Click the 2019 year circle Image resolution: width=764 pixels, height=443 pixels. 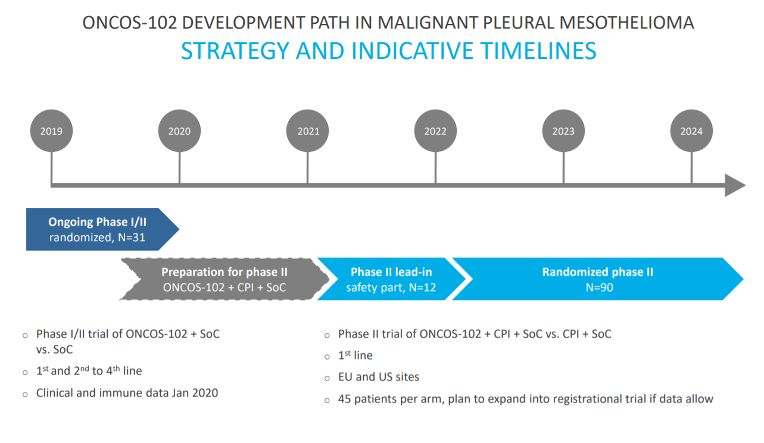[51, 130]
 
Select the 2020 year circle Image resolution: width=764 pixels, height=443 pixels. [179, 130]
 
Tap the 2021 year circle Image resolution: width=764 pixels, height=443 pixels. [307, 130]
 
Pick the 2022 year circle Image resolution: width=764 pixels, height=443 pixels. [435, 130]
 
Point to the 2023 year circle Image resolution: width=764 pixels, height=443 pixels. [563, 130]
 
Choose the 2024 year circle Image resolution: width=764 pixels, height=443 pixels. [691, 130]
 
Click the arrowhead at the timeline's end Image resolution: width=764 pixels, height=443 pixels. [735, 185]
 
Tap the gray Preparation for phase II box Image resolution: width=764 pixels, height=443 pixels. [224, 279]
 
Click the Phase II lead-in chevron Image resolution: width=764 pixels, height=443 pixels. [391, 279]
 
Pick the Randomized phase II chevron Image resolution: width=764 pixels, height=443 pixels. [598, 279]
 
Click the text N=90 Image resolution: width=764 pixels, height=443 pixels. [599, 288]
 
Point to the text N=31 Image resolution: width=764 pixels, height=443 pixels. [132, 238]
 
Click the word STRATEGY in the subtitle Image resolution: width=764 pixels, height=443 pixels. [235, 51]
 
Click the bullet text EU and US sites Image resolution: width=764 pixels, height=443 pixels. [379, 377]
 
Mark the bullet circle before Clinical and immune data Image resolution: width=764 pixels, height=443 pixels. [25, 395]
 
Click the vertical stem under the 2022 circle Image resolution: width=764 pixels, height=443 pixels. [435, 167]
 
